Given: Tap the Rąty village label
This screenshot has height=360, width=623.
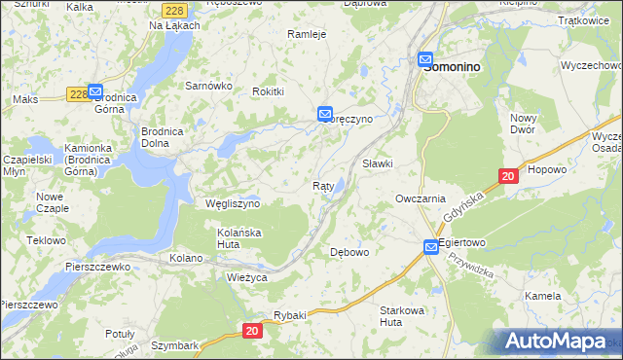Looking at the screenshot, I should pyautogui.click(x=324, y=186).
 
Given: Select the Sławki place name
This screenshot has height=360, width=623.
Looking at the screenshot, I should pyautogui.click(x=378, y=163).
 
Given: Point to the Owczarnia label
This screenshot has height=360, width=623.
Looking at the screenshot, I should pyautogui.click(x=421, y=198).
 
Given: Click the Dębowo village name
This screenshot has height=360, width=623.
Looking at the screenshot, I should pyautogui.click(x=350, y=252).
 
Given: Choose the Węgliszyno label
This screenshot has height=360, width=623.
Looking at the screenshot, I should pyautogui.click(x=233, y=204).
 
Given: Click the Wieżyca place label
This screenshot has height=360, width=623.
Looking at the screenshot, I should pyautogui.click(x=246, y=277).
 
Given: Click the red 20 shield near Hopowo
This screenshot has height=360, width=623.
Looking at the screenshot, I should pyautogui.click(x=507, y=176).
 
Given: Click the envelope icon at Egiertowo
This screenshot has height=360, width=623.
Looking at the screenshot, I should pyautogui.click(x=431, y=248).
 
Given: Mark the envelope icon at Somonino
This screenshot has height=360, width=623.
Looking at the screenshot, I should pyautogui.click(x=426, y=59).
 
